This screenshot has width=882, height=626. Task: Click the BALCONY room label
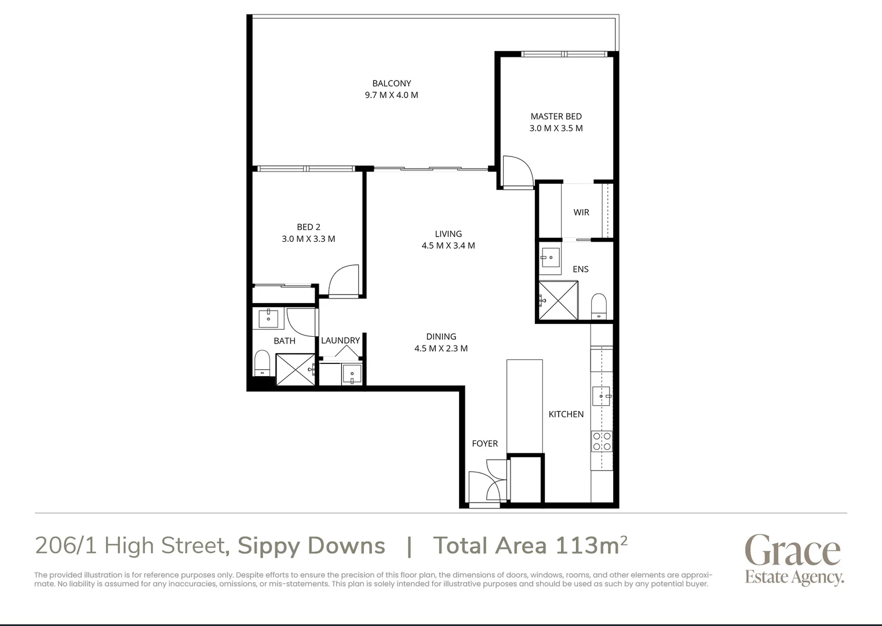[x=391, y=83]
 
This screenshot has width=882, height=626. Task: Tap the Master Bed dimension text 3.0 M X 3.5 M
[x=556, y=128]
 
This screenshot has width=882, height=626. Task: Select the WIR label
[x=581, y=212]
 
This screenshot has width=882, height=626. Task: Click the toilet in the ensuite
[x=598, y=306]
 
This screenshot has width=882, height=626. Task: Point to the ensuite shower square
[x=558, y=300]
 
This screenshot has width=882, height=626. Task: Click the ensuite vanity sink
[x=550, y=257]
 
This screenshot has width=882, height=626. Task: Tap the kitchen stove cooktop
[x=602, y=441]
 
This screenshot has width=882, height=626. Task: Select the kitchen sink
[x=602, y=396]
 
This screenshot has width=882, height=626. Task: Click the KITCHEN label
[x=566, y=414]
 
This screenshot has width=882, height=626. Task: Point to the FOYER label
[x=484, y=443]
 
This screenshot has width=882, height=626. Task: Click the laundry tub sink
[x=352, y=374]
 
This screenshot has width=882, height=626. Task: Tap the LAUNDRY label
[x=340, y=340]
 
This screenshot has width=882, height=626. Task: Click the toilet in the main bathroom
[x=262, y=362]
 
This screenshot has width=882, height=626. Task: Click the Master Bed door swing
[x=517, y=172]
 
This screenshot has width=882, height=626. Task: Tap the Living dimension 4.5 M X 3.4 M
[x=448, y=245]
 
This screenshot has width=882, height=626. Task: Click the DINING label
[x=441, y=336]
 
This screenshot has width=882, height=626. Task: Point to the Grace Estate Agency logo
[x=793, y=559]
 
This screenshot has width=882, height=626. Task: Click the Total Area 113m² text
[x=530, y=545]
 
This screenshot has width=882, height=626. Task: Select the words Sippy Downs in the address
[x=311, y=545]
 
